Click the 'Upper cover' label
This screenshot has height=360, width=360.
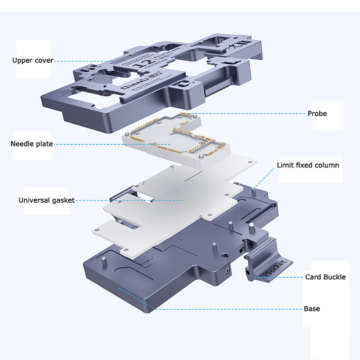tap(33, 60)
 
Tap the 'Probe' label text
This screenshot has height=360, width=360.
tap(317, 114)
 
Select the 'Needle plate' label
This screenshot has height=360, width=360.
tap(32, 144)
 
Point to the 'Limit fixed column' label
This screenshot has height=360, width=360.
tap(308, 166)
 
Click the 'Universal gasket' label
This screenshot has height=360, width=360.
tap(46, 200)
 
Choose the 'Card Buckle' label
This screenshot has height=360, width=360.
tap(325, 277)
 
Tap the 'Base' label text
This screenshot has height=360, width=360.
tap(312, 309)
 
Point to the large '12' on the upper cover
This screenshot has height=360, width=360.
tap(141, 67)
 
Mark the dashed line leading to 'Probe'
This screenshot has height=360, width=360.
tap(252, 114)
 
